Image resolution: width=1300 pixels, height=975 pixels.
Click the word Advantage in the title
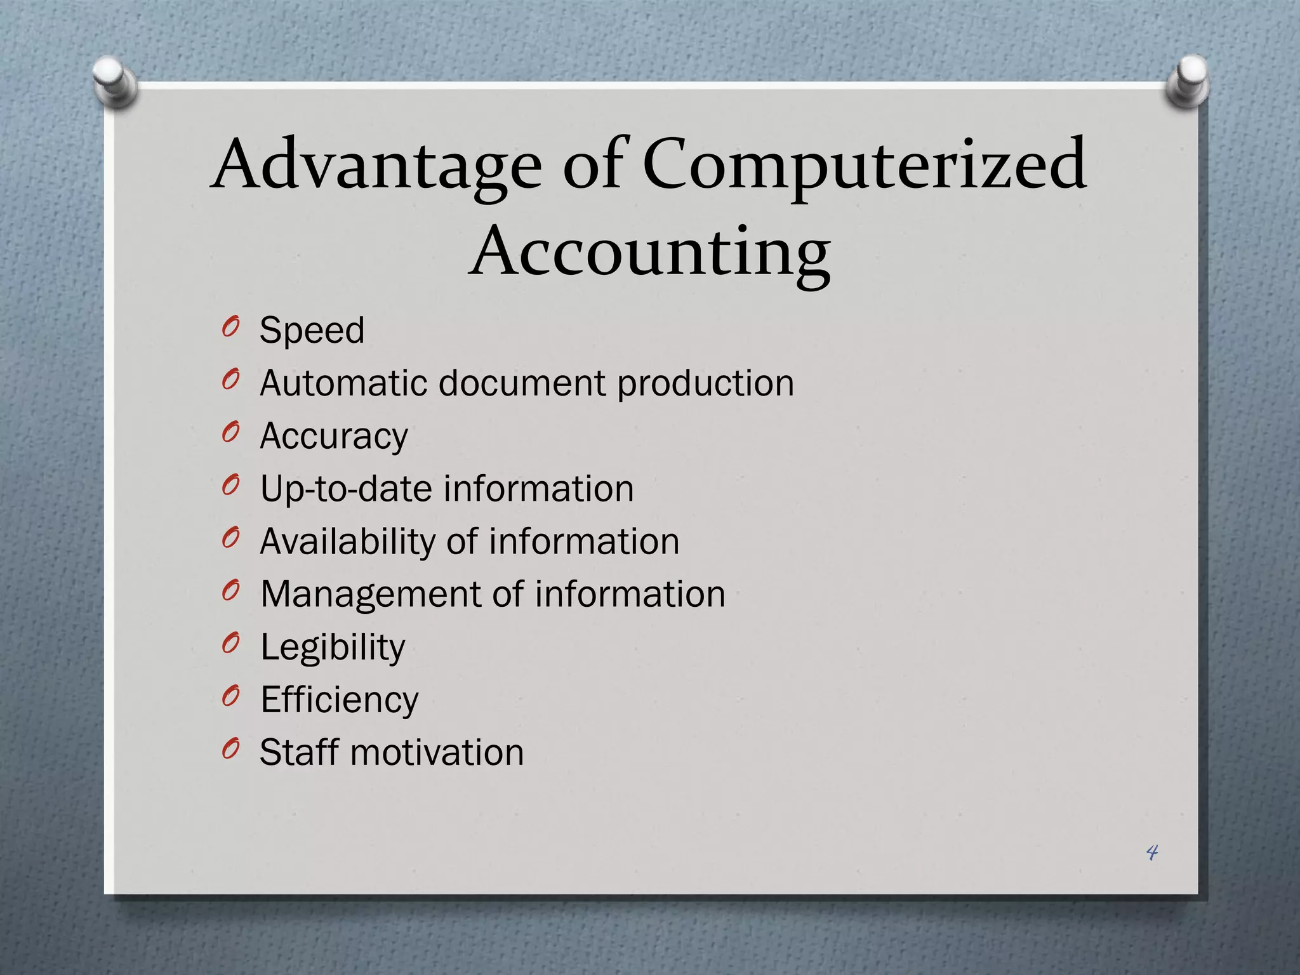coord(376,166)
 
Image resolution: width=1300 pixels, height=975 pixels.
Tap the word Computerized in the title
coord(865,166)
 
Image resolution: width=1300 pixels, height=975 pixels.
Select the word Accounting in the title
coord(649,253)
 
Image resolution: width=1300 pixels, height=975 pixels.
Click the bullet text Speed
coord(312,330)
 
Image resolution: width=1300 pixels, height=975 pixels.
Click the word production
coord(705,385)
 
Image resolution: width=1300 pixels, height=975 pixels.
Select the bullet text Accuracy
coord(334,437)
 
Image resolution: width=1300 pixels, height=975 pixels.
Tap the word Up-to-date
coord(346,489)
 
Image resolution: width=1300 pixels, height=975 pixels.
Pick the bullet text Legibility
coord(333,647)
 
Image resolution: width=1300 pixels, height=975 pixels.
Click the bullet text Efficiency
coord(340,700)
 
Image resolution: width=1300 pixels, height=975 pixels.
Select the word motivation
coord(437,752)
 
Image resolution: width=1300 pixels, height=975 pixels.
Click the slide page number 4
coord(1152,852)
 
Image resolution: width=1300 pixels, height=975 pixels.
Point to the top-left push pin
coord(114,81)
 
